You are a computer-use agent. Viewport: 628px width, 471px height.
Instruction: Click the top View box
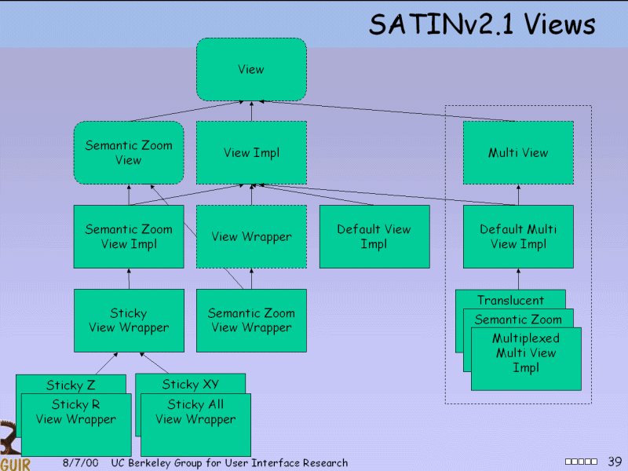251,69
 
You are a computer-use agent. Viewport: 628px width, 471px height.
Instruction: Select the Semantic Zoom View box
129,152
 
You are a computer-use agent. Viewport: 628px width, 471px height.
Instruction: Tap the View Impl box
251,152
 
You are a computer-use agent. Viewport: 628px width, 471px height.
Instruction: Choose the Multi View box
518,152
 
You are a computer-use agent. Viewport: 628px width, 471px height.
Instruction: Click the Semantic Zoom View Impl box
129,236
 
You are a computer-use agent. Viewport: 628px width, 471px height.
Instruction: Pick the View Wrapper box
251,236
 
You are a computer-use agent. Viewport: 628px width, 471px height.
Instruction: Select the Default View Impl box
374,236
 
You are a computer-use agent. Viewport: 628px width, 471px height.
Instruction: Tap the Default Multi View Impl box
518,236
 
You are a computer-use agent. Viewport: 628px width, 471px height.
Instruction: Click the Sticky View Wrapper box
129,320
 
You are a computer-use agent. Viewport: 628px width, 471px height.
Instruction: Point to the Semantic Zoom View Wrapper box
251,320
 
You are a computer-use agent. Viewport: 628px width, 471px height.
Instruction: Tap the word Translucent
510,300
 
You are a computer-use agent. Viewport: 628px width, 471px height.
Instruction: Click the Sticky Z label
71,385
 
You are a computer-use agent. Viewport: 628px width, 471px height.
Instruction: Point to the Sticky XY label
190,384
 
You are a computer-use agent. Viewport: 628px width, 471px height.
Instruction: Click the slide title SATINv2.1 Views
482,24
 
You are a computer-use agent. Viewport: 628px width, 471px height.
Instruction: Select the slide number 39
615,461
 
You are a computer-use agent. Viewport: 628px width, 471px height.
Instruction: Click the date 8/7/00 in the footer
80,463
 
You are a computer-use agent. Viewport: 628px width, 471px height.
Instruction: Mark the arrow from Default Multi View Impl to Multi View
518,195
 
